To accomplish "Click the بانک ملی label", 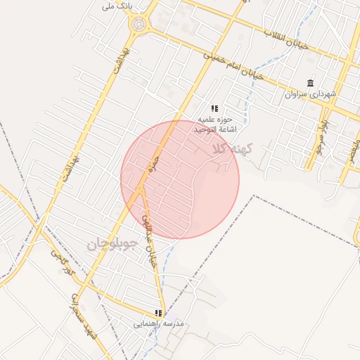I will (x=117, y=6).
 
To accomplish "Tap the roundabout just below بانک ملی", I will (x=139, y=25).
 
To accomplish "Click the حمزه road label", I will (x=150, y=166).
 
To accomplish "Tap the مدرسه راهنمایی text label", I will (x=159, y=323).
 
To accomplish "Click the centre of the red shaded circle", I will (x=180, y=179).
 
